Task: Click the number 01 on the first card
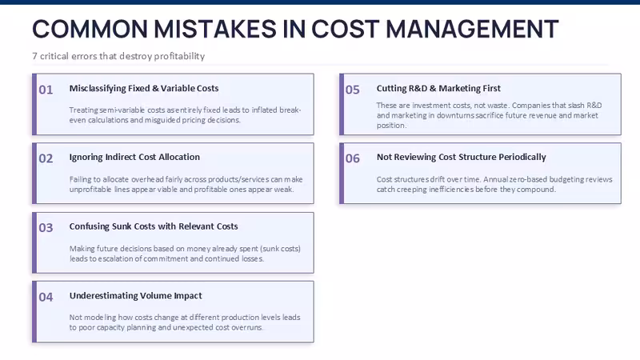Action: tap(46, 90)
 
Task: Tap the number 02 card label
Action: tap(46, 158)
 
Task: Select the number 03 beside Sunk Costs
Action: tap(46, 228)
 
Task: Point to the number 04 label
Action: tap(46, 297)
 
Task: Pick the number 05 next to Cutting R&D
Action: tap(353, 90)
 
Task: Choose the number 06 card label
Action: tap(353, 158)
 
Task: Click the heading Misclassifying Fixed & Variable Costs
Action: tap(144, 89)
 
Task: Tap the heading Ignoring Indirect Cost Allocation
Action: tap(134, 157)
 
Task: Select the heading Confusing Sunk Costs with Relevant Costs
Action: tap(154, 226)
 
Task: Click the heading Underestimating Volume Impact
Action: tap(135, 295)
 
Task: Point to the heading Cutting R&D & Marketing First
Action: tap(438, 89)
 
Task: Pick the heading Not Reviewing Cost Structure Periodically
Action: tap(462, 157)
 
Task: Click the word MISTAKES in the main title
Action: tap(215, 29)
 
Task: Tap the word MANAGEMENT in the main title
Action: tap(472, 29)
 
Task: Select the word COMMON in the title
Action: tap(90, 29)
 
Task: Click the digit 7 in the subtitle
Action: tap(34, 56)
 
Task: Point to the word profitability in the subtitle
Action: tap(179, 56)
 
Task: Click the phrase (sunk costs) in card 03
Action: tap(281, 249)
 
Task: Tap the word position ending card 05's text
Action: tap(391, 126)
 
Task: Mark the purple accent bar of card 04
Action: tap(34, 312)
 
